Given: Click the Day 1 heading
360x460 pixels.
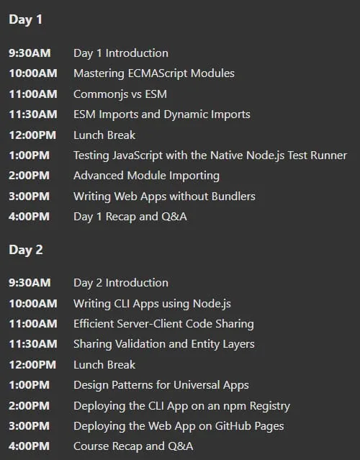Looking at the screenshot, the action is click(26, 20).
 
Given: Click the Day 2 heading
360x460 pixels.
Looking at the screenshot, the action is click(26, 251).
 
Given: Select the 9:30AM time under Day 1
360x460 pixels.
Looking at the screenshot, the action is click(30, 53).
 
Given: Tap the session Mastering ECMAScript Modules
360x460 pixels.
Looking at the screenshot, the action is click(154, 73).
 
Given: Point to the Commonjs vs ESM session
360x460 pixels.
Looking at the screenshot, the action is click(120, 94).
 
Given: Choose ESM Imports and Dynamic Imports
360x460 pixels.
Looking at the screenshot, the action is click(162, 114).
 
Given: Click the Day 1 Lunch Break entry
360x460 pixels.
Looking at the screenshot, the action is click(104, 135).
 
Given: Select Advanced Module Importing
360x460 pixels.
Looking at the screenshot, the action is click(146, 176).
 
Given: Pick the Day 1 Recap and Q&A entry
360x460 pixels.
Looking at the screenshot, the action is click(130, 217).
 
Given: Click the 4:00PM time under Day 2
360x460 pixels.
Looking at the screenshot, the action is click(30, 446).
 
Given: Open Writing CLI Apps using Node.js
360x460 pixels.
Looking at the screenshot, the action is click(152, 304).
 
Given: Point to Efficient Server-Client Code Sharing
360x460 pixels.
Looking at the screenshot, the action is click(163, 324).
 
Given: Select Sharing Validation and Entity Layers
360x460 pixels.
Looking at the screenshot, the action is click(164, 344).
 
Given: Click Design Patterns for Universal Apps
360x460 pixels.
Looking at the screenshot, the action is click(161, 385).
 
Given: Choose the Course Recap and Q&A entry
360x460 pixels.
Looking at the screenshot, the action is click(133, 446).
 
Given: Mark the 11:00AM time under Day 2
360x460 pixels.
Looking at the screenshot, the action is click(33, 324).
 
